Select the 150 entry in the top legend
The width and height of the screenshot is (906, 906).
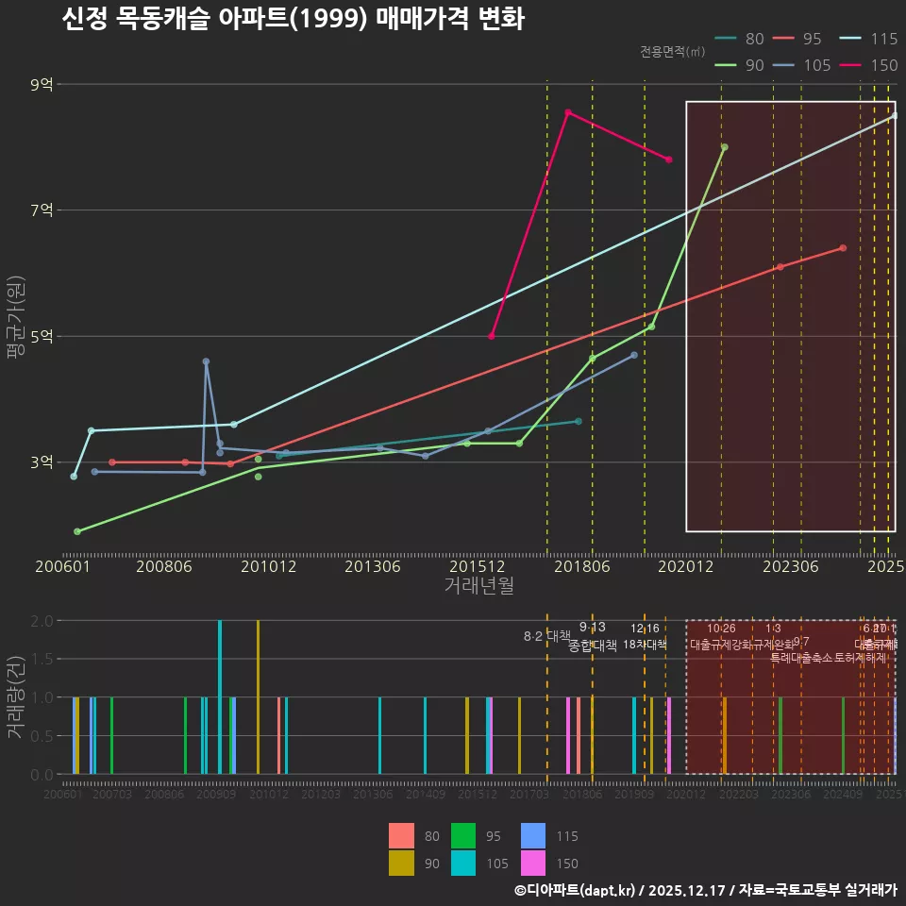coord(883,65)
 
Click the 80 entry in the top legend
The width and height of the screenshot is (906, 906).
coord(754,39)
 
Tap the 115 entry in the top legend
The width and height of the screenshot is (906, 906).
coord(883,39)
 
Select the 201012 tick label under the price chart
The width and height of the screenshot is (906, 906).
coord(268,567)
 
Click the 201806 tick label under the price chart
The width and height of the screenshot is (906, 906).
coord(580,567)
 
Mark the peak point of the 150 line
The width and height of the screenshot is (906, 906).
coord(567,112)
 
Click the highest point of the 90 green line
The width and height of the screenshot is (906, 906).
coord(724,147)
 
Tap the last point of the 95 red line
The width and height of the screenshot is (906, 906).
coord(843,248)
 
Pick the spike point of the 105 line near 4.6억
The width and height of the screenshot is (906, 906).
coord(206,361)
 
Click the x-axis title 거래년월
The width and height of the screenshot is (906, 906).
coord(478,586)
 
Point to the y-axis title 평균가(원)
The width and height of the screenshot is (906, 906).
coord(15,321)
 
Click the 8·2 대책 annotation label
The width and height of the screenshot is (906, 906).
coord(547,636)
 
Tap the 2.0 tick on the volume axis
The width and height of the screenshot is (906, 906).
coord(42,621)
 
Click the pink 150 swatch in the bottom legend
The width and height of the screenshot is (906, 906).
coord(533,863)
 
